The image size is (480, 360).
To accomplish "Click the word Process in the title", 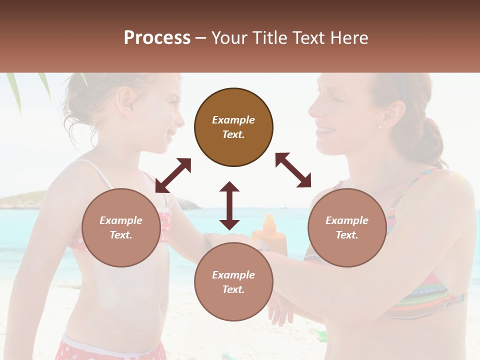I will click(157, 38).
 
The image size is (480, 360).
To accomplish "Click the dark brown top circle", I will click(233, 127).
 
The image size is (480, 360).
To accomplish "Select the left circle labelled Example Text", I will click(121, 227).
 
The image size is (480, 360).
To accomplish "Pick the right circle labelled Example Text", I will click(347, 227).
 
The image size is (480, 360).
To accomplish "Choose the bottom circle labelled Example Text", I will click(233, 282).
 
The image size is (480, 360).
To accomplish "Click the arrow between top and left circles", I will click(173, 175).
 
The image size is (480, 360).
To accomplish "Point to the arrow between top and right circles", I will click(293, 170).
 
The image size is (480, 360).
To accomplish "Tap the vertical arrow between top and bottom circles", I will click(229, 205).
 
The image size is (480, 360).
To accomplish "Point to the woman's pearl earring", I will click(380, 126).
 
